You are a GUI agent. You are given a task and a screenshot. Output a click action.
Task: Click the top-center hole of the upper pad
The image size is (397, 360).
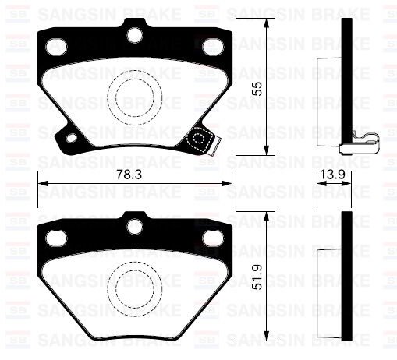[135, 35]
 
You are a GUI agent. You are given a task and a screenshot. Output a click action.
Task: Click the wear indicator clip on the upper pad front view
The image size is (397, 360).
[204, 142]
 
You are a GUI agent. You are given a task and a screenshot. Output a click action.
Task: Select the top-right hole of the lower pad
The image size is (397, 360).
[211, 236]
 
